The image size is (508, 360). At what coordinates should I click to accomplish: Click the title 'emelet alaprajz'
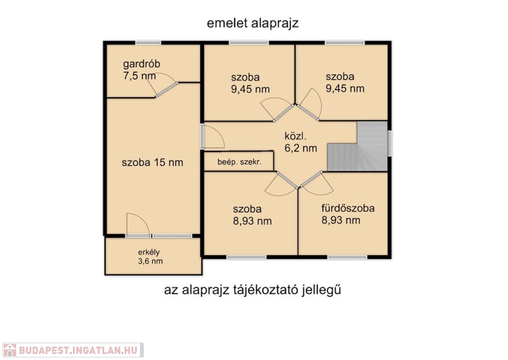253,24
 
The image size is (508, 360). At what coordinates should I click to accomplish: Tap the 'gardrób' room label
141,64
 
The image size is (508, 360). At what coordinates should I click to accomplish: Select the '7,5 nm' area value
139,76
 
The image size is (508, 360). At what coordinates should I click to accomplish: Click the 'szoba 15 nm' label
152,162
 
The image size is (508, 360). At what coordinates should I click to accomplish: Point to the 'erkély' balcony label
149,252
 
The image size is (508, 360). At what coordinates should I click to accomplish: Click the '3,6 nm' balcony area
150,261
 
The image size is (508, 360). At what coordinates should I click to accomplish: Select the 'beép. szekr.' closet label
240,162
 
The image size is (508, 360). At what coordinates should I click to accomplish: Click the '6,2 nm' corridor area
301,148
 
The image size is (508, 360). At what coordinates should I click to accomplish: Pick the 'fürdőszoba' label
348,208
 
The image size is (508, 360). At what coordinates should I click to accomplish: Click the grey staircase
358,146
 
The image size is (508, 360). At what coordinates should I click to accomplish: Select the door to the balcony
138,224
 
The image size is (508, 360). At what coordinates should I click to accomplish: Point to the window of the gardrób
148,43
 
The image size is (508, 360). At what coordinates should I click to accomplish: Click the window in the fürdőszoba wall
347,257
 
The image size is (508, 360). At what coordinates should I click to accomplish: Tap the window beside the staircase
390,144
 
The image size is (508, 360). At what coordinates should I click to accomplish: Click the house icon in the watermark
9,350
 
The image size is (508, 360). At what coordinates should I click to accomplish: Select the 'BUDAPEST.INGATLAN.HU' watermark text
78,350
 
